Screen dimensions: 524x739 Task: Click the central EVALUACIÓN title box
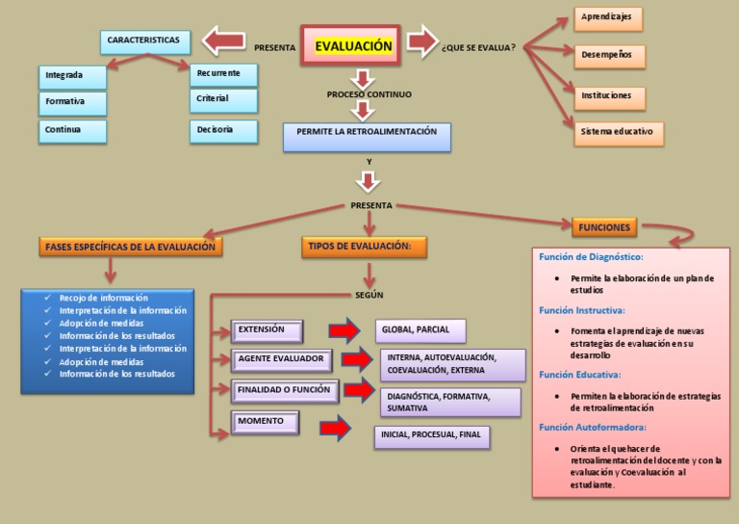click(353, 45)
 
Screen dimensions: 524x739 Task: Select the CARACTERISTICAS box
click(143, 41)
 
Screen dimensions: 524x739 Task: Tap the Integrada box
click(73, 75)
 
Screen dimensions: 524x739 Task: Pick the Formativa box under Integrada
click(73, 102)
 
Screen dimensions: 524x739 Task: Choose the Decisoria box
click(224, 130)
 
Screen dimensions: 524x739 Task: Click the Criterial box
click(224, 99)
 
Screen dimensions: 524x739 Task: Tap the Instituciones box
click(610, 96)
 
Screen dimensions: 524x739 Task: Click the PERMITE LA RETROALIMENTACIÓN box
click(367, 136)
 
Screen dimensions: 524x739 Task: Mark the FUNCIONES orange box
click(604, 227)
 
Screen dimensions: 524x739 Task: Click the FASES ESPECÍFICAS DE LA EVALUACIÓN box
click(131, 248)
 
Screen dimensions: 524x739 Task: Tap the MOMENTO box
click(265, 423)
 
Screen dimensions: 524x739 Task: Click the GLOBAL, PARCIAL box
click(420, 331)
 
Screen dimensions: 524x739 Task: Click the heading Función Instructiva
click(582, 310)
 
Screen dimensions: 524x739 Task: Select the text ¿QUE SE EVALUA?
click(478, 48)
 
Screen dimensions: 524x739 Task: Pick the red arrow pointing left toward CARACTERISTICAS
click(224, 41)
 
